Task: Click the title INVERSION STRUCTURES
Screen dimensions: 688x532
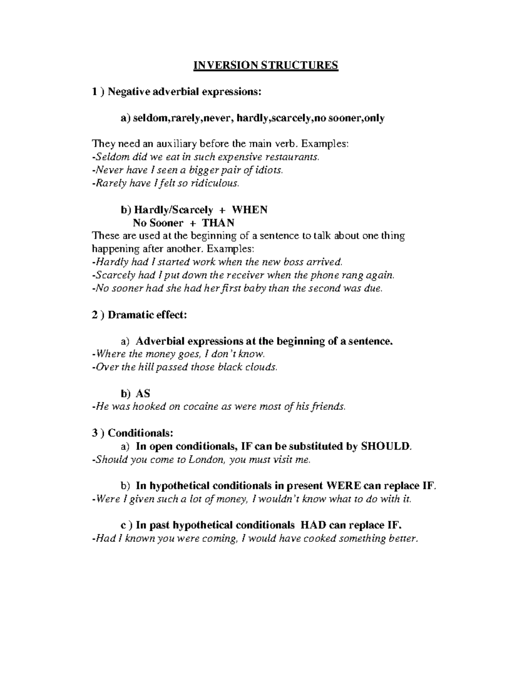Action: pos(266,66)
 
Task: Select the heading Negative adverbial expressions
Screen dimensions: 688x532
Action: pos(185,92)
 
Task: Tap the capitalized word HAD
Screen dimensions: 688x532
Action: pos(314,525)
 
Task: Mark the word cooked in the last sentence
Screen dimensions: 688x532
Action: pos(320,539)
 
